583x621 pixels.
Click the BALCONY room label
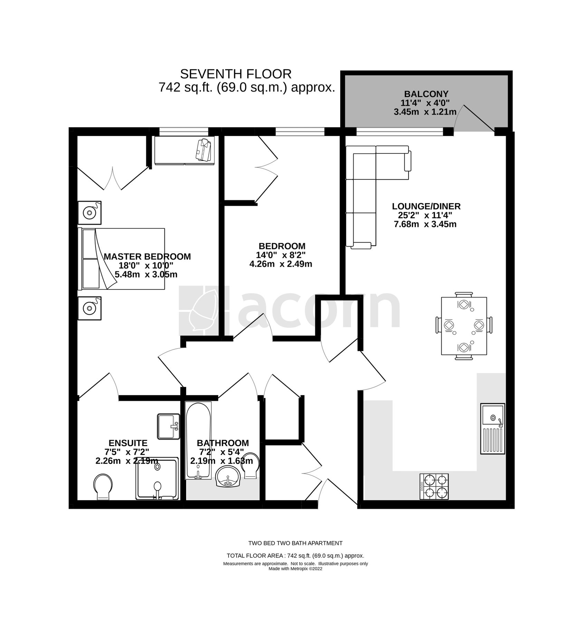tap(426, 94)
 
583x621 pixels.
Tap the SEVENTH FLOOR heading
tap(236, 74)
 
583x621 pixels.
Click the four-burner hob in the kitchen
tap(434, 486)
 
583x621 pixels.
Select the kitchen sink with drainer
tap(493, 428)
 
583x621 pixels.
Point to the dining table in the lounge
tap(464, 326)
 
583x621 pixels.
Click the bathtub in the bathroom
tap(198, 441)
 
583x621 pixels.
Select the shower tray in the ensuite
tap(157, 479)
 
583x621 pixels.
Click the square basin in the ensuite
tap(169, 426)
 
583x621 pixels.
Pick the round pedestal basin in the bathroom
tap(228, 476)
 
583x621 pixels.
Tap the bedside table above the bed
tap(89, 213)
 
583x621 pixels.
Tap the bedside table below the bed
tap(89, 308)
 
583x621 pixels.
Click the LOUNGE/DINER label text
tap(426, 206)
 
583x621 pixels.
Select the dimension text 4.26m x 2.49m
tap(280, 264)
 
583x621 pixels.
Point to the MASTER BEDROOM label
tap(147, 257)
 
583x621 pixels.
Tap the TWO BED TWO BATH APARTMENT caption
tap(295, 543)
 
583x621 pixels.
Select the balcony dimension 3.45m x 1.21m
tap(425, 112)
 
